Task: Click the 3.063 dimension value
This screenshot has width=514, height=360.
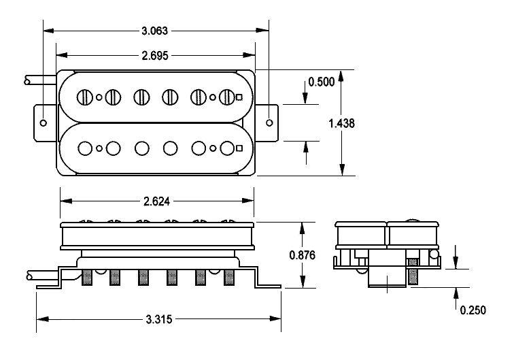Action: (155, 30)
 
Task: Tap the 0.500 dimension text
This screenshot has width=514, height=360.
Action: (322, 82)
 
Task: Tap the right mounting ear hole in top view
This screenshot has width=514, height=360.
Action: (269, 123)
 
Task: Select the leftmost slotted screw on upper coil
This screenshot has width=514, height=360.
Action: (85, 97)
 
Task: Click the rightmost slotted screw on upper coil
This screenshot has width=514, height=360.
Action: (226, 97)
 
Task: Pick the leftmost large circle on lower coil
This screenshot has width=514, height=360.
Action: (85, 147)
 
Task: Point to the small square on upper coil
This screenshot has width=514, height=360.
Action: (239, 97)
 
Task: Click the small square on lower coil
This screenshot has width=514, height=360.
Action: (239, 147)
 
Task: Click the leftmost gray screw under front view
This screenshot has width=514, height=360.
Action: (87, 277)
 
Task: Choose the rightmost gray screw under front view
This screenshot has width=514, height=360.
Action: (228, 277)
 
